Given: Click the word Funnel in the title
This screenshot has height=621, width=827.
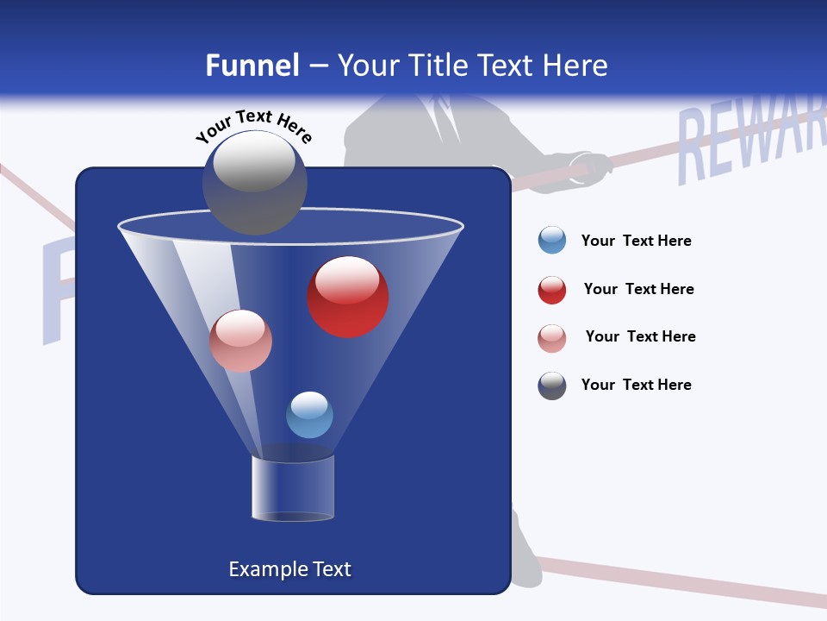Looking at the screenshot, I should (252, 66).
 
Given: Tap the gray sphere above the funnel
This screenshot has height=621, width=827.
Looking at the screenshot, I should (254, 182).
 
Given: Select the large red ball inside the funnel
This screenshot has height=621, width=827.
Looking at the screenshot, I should (348, 297).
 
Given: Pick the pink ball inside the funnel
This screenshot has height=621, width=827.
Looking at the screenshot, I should (240, 341).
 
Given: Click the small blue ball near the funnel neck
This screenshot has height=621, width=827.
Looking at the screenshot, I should (309, 415).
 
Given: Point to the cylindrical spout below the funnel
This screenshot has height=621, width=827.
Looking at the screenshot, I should (293, 489).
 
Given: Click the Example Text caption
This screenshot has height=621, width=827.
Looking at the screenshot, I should (289, 569).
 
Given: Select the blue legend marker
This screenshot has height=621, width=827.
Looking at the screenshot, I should (552, 241).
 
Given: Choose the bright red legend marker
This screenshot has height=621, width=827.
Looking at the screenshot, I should (552, 290).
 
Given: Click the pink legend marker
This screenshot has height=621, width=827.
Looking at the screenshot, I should (552, 338).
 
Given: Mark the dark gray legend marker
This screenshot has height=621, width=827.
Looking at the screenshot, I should (552, 386).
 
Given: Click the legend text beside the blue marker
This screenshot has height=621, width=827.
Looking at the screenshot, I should (636, 241).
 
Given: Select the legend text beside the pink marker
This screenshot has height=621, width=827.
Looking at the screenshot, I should (640, 336).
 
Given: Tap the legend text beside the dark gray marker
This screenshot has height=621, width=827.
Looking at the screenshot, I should (636, 385).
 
